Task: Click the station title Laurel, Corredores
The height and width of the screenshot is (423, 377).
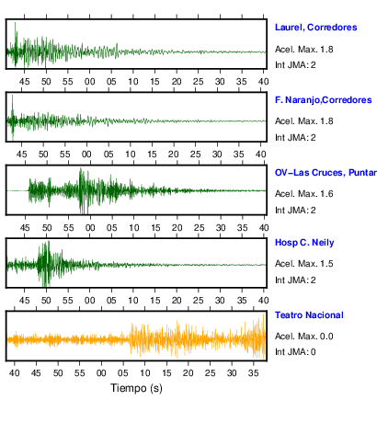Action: click(x=315, y=28)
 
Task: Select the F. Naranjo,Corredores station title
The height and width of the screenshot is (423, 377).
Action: click(x=323, y=100)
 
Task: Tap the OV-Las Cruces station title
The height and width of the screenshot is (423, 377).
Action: click(x=326, y=173)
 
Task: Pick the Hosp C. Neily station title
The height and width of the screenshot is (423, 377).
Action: click(x=304, y=243)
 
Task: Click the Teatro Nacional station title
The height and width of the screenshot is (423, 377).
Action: click(x=309, y=315)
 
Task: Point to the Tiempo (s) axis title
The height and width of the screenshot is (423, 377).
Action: click(x=136, y=388)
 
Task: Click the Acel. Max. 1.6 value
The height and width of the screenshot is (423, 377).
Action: click(x=303, y=194)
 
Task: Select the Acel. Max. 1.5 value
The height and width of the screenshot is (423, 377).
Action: click(x=303, y=264)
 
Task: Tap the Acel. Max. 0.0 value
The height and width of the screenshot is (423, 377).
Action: click(x=303, y=337)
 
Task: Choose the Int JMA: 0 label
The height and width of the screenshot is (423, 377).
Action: click(x=295, y=351)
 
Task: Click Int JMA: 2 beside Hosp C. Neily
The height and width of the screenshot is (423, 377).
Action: click(x=295, y=280)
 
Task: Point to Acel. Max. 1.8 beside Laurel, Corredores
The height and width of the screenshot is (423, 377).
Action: click(x=303, y=50)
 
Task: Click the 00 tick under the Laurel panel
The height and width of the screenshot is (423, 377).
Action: click(x=89, y=82)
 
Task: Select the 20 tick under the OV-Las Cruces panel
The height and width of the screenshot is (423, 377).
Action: click(x=177, y=228)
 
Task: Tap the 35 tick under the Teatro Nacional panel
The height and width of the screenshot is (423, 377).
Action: click(x=254, y=373)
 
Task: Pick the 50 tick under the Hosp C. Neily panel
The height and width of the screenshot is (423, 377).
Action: click(x=46, y=301)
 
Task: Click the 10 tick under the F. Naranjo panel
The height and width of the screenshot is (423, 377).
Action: click(x=131, y=154)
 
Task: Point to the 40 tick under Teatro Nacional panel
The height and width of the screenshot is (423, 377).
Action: click(x=14, y=373)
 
